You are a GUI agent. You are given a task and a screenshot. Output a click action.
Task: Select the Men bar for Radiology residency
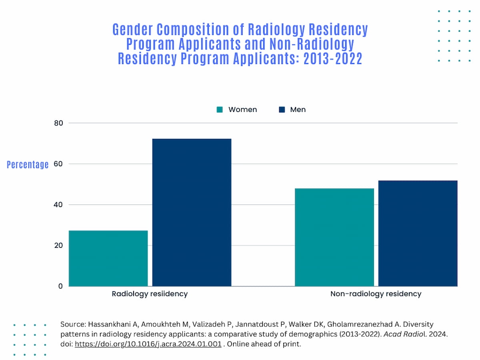[x=192, y=212]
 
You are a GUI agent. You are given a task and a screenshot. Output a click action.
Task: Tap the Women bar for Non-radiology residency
[x=334, y=237]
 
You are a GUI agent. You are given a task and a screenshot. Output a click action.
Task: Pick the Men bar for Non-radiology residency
[x=418, y=233]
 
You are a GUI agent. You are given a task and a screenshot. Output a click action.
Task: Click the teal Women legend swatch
[x=220, y=110]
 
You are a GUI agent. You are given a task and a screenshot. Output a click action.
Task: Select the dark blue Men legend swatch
[x=282, y=110]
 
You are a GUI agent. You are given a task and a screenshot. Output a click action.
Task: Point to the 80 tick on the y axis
[x=58, y=123]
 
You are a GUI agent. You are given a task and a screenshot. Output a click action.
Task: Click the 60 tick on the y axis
[x=58, y=164]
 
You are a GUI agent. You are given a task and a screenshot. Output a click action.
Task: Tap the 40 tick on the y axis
[x=58, y=205]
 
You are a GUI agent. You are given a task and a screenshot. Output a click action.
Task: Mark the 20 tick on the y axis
[x=58, y=246]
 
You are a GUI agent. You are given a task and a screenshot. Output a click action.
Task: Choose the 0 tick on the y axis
[x=60, y=286]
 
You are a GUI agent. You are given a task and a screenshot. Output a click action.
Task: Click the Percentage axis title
[x=28, y=164]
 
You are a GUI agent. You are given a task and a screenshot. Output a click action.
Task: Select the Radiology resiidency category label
[x=150, y=294]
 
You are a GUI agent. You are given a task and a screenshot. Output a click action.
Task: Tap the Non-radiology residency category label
[x=376, y=294]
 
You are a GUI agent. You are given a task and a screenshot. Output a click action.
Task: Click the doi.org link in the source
[x=148, y=344]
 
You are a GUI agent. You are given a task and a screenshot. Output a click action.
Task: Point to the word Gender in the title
[x=132, y=30]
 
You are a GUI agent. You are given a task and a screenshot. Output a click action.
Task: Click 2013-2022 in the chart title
[x=333, y=59]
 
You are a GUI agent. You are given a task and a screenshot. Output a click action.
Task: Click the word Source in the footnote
[x=72, y=324]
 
